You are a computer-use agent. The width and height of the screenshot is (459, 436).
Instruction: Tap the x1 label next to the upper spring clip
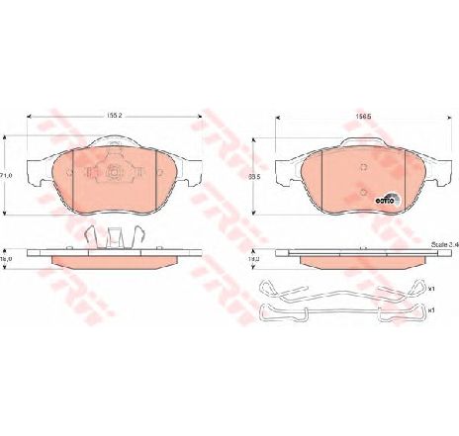432,290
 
